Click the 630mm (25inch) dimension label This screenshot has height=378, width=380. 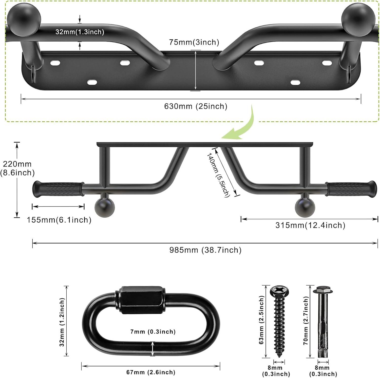[196, 106]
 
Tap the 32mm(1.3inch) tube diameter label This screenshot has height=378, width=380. [80, 32]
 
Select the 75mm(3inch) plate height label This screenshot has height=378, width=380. [194, 42]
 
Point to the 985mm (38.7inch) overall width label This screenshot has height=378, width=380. [205, 250]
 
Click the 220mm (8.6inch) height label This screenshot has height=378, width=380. [17, 168]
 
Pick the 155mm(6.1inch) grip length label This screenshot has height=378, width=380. [59, 220]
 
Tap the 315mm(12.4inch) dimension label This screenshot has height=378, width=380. [310, 225]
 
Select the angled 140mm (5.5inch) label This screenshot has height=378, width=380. [218, 175]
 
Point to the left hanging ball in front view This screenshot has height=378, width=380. [104, 207]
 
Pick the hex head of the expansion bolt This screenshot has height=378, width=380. [323, 290]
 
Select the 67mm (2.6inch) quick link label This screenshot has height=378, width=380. [151, 372]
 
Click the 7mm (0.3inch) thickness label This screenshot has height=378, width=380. [153, 332]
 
